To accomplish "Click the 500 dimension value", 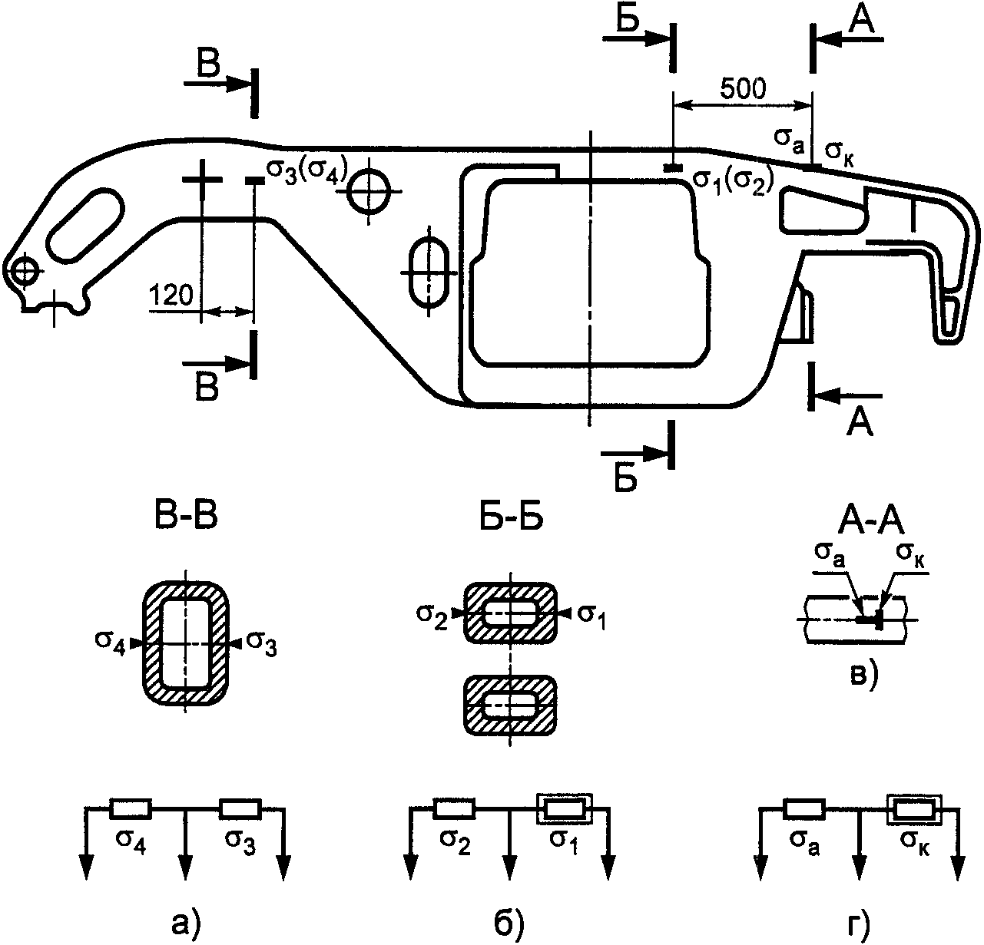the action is coord(743,89).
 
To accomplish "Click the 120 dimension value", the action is coord(171,295).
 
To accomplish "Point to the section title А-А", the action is coord(871,524).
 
